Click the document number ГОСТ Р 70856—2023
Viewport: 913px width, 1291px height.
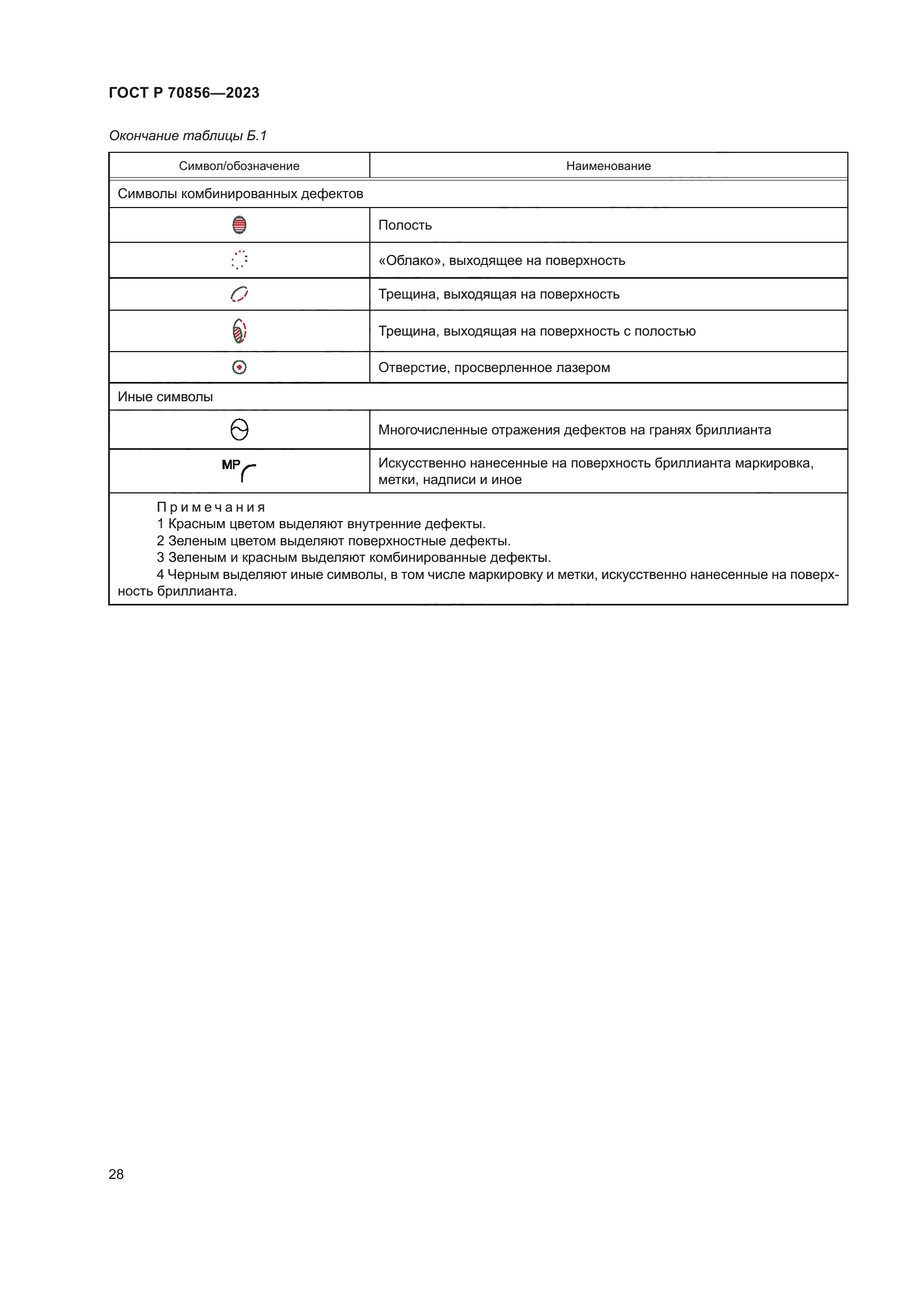pos(184,93)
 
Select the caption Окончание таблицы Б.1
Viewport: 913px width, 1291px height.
pos(188,136)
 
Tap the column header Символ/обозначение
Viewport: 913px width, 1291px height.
pos(239,166)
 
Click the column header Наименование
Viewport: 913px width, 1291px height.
pos(608,166)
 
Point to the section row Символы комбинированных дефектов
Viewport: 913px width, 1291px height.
pos(240,194)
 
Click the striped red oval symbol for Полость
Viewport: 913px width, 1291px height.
pos(240,225)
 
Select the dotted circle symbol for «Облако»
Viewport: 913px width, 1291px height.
pos(240,260)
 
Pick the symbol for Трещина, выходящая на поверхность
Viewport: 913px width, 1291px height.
pos(240,294)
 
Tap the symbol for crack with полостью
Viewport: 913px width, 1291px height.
pos(240,331)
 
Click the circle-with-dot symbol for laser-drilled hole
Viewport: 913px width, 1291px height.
pos(240,367)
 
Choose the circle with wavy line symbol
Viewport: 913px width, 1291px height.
pos(240,429)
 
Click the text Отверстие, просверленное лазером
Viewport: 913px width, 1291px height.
pos(493,368)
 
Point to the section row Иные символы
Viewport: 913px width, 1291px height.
pos(165,397)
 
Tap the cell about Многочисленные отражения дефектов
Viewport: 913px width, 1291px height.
pos(574,430)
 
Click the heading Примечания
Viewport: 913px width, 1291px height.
pos(211,507)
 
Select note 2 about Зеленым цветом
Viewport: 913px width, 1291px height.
pos(333,541)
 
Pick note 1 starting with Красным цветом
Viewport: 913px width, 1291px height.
pos(321,524)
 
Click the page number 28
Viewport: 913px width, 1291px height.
pos(116,1174)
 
